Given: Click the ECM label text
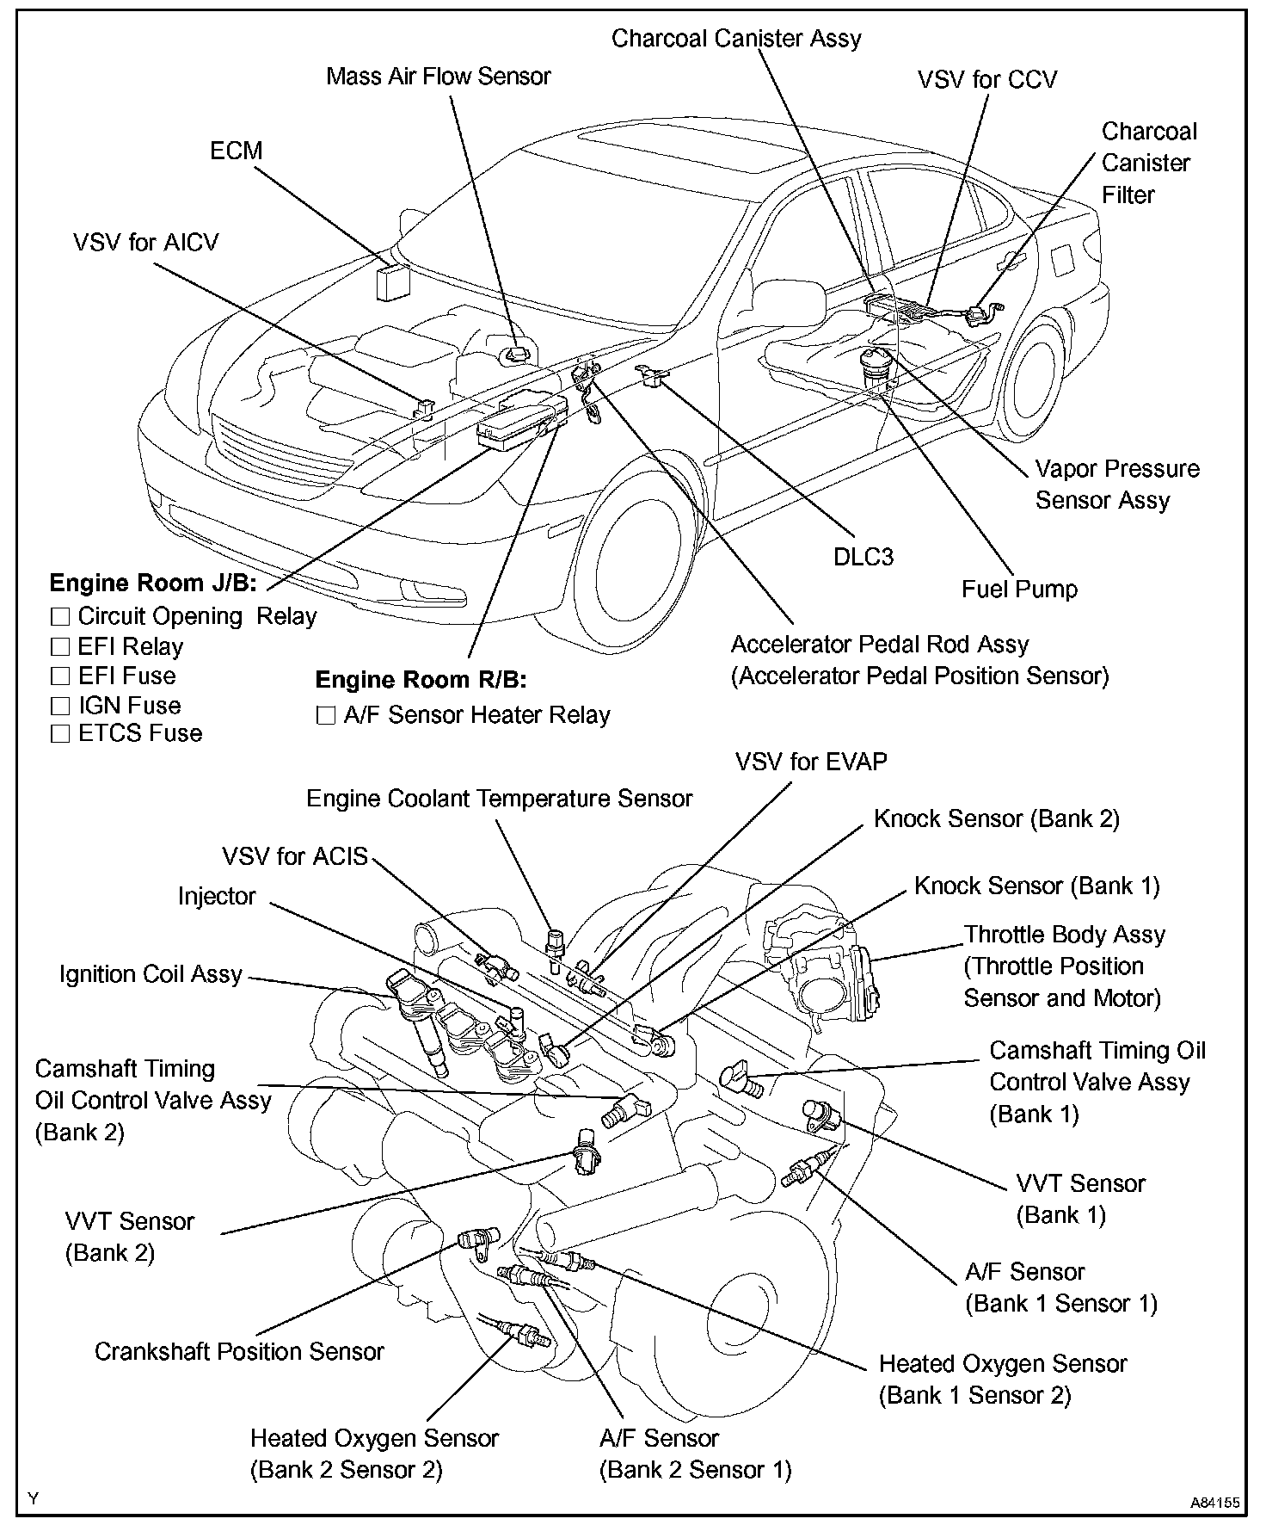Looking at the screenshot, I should pyautogui.click(x=236, y=151).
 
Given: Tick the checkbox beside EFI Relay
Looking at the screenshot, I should pyautogui.click(x=60, y=646).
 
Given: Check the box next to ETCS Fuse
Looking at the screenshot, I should pyautogui.click(x=60, y=733).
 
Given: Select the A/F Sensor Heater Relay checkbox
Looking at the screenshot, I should pyautogui.click(x=326, y=715).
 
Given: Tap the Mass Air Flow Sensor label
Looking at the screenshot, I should pyautogui.click(x=438, y=76).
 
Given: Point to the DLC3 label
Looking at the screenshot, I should pyautogui.click(x=863, y=557).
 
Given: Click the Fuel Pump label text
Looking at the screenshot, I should pyautogui.click(x=1018, y=590).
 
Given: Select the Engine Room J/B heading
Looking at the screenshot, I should pyautogui.click(x=153, y=583).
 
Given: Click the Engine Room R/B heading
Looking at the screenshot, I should pyautogui.click(x=421, y=680).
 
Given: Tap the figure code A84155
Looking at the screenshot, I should pyautogui.click(x=1214, y=1503).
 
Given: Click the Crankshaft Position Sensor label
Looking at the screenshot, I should pyautogui.click(x=238, y=1351).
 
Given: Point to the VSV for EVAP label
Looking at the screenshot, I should pyautogui.click(x=810, y=762).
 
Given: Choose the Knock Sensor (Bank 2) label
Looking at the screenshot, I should pyautogui.click(x=996, y=818).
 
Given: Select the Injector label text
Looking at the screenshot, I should pyautogui.click(x=217, y=897).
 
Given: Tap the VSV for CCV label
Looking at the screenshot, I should pyautogui.click(x=986, y=80).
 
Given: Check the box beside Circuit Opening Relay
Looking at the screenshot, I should pyautogui.click(x=60, y=616).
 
